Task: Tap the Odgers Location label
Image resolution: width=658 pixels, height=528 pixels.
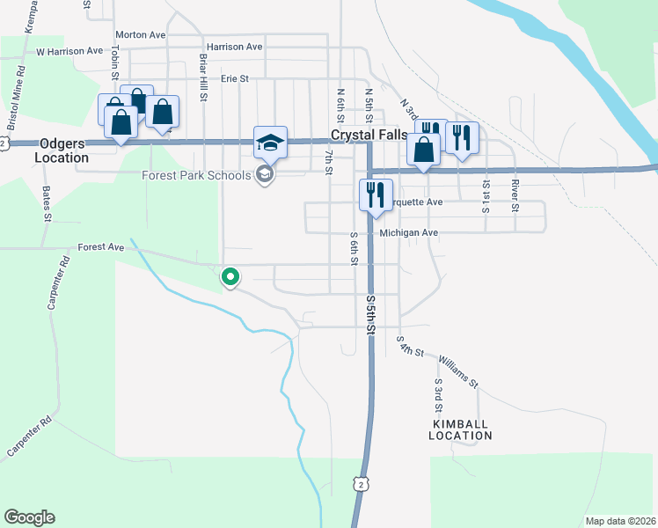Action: click(62, 150)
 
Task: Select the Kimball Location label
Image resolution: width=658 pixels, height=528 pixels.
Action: click(462, 429)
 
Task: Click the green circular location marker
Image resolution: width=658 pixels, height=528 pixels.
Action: click(230, 277)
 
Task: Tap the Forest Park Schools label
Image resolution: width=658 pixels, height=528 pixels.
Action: click(196, 175)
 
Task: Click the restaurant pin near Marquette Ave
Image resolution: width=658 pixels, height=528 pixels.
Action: click(376, 195)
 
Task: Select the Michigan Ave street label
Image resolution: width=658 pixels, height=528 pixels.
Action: click(409, 233)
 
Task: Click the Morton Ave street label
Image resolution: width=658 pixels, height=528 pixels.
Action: click(140, 34)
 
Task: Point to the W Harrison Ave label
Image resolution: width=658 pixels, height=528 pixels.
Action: click(69, 52)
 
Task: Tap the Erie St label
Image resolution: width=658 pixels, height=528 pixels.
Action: click(236, 78)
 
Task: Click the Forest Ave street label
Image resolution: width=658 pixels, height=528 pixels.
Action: click(101, 248)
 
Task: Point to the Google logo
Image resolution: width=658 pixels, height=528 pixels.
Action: click(29, 517)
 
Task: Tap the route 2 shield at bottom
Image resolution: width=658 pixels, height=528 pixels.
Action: click(360, 482)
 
